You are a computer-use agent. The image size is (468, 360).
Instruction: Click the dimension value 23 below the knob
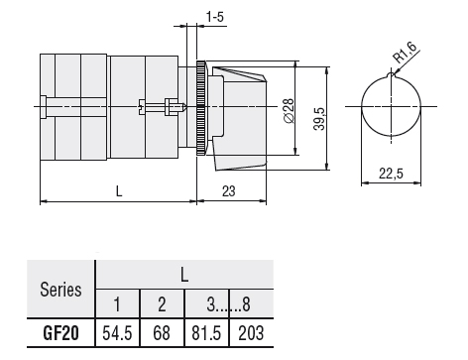click(229, 190)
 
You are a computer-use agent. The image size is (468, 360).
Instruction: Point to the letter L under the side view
click(119, 190)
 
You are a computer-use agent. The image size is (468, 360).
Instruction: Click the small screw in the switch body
click(175, 105)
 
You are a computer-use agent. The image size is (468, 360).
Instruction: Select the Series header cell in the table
click(60, 291)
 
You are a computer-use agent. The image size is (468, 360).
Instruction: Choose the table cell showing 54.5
click(119, 331)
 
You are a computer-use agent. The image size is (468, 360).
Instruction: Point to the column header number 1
click(119, 303)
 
